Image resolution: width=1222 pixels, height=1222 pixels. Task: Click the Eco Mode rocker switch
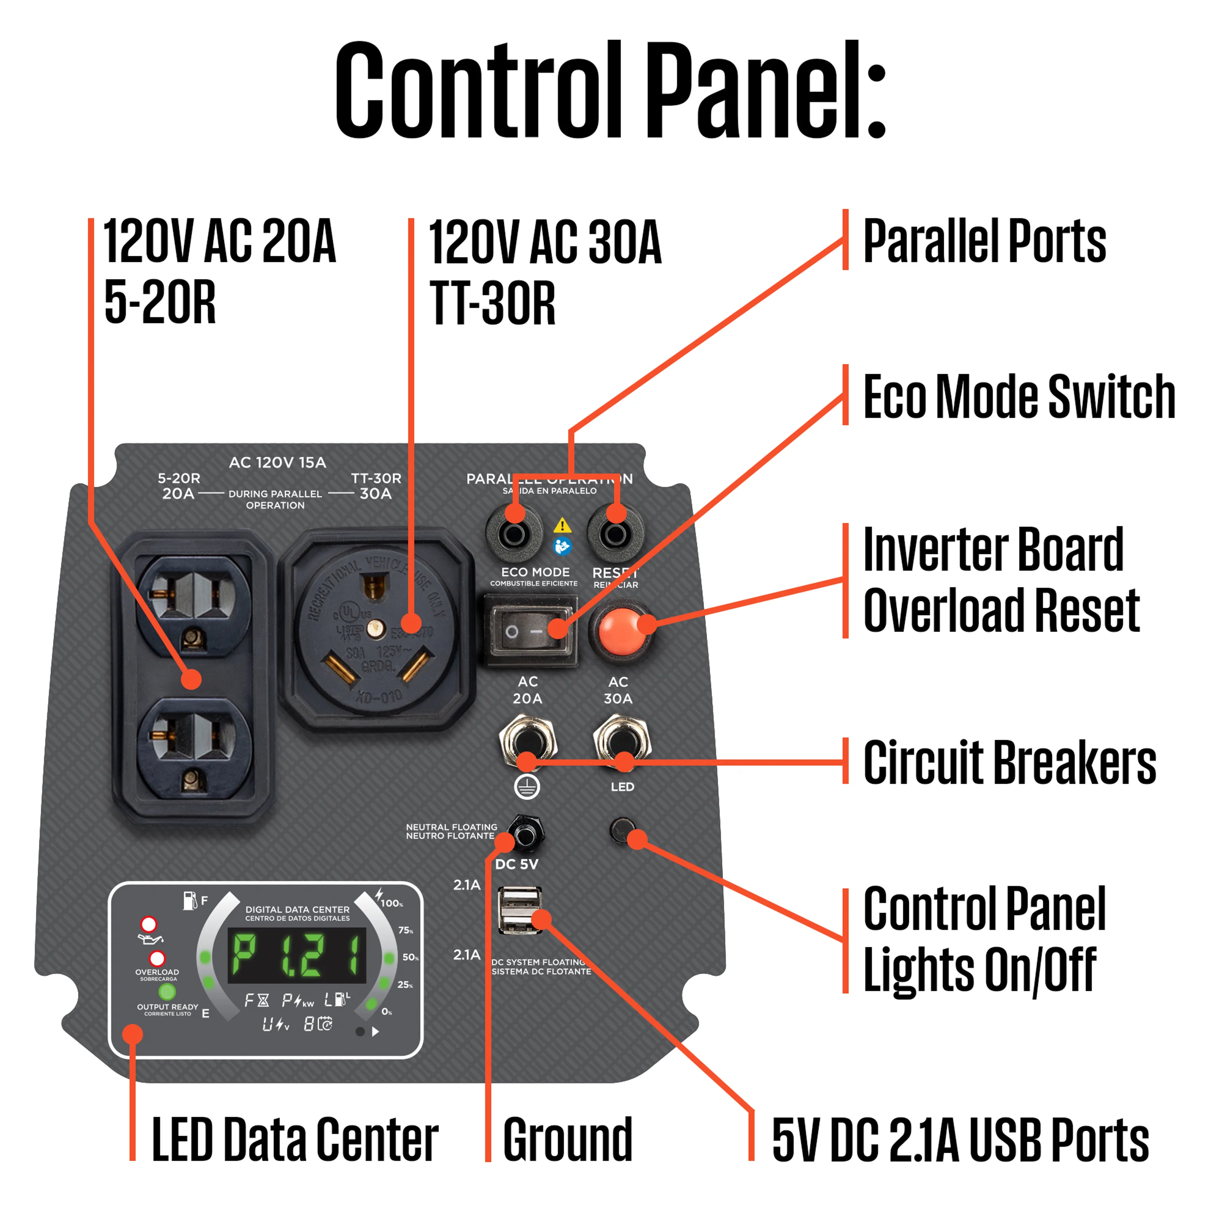530,630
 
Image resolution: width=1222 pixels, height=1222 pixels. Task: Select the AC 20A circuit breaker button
527,739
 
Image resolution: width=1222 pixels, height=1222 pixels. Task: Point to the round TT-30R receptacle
376,629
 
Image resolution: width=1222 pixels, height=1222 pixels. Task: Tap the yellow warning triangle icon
562,525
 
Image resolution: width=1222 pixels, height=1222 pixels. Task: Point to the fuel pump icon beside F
189,901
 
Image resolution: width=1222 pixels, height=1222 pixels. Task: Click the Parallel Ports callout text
984,241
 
